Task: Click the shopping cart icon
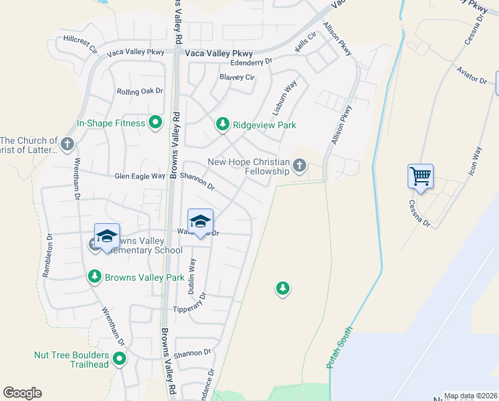tap(421, 177)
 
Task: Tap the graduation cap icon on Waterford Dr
tap(200, 221)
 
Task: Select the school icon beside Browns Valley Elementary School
tap(107, 236)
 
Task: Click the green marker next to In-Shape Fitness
tap(155, 122)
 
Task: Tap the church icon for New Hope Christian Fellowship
tap(300, 165)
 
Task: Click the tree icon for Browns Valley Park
tap(95, 277)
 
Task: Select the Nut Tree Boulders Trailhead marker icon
tap(119, 360)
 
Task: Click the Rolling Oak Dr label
tap(140, 91)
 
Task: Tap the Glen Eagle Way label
tap(139, 176)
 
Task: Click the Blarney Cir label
tap(237, 77)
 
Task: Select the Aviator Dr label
tap(472, 75)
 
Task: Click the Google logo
tap(22, 393)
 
